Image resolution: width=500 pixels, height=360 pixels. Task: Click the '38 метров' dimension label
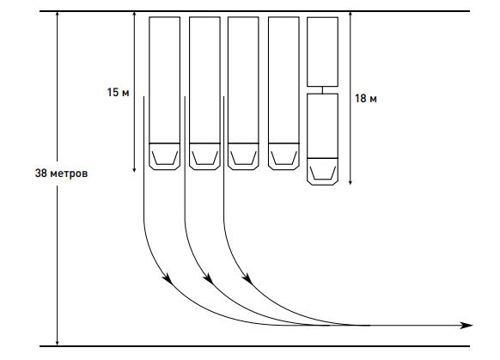pyautogui.click(x=61, y=174)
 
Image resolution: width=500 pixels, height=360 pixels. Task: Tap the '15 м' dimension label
pyautogui.click(x=118, y=93)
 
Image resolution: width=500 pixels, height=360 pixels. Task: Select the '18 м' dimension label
pyautogui.click(x=366, y=99)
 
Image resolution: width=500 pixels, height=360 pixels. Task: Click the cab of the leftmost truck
pyautogui.click(x=165, y=156)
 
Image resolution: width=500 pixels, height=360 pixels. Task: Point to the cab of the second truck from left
pyautogui.click(x=204, y=156)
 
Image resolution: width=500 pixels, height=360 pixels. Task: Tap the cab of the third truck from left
pyautogui.click(x=243, y=156)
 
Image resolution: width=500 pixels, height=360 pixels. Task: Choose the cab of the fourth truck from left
pyautogui.click(x=284, y=156)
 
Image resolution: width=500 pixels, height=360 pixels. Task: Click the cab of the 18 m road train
pyautogui.click(x=323, y=172)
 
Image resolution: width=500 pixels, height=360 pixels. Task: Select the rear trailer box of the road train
pyautogui.click(x=323, y=52)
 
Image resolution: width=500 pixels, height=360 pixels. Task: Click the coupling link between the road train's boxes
pyautogui.click(x=322, y=90)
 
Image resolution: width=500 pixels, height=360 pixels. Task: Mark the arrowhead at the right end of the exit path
pyautogui.click(x=466, y=326)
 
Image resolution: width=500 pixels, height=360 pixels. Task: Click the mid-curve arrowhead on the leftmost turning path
pyautogui.click(x=168, y=278)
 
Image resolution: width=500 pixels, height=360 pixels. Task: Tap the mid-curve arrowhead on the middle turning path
pyautogui.click(x=208, y=278)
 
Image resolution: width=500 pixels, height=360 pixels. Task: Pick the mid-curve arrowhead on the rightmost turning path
pyautogui.click(x=247, y=278)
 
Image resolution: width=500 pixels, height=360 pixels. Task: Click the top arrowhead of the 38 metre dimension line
pyautogui.click(x=58, y=15)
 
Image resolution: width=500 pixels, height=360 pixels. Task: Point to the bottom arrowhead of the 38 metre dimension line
pyautogui.click(x=58, y=342)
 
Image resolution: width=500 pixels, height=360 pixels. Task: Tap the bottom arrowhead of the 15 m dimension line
pyautogui.click(x=134, y=169)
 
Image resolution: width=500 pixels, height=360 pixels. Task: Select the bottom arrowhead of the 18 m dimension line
pyautogui.click(x=351, y=181)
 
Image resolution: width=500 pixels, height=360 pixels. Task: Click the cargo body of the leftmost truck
pyautogui.click(x=165, y=80)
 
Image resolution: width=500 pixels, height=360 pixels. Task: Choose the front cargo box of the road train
pyautogui.click(x=323, y=126)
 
